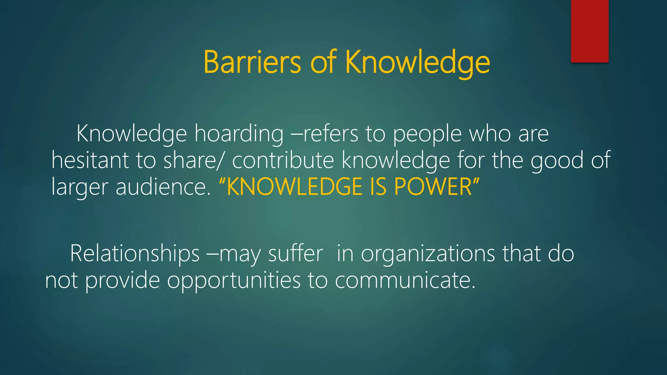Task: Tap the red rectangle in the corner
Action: click(589, 31)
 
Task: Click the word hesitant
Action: click(90, 160)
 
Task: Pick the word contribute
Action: click(283, 160)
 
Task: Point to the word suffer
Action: click(296, 254)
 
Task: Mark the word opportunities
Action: click(234, 281)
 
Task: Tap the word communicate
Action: click(405, 281)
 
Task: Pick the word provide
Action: click(122, 281)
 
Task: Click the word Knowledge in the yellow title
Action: click(418, 62)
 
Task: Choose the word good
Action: click(557, 161)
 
